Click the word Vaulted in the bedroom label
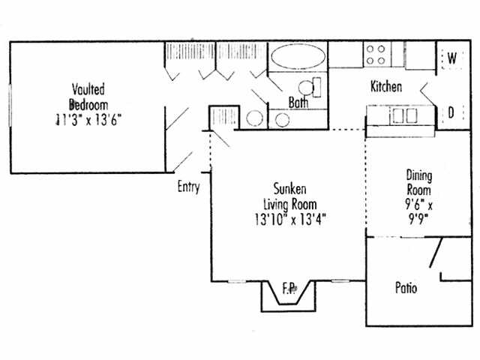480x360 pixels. tap(88, 88)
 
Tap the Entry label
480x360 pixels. tap(188, 187)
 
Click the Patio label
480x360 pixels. tap(406, 288)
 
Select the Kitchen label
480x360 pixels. tap(386, 87)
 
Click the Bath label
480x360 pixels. tap(299, 103)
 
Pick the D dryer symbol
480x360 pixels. tap(452, 113)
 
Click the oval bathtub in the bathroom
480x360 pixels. tap(298, 57)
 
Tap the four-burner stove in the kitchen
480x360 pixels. tap(376, 55)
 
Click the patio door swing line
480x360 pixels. tap(436, 253)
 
